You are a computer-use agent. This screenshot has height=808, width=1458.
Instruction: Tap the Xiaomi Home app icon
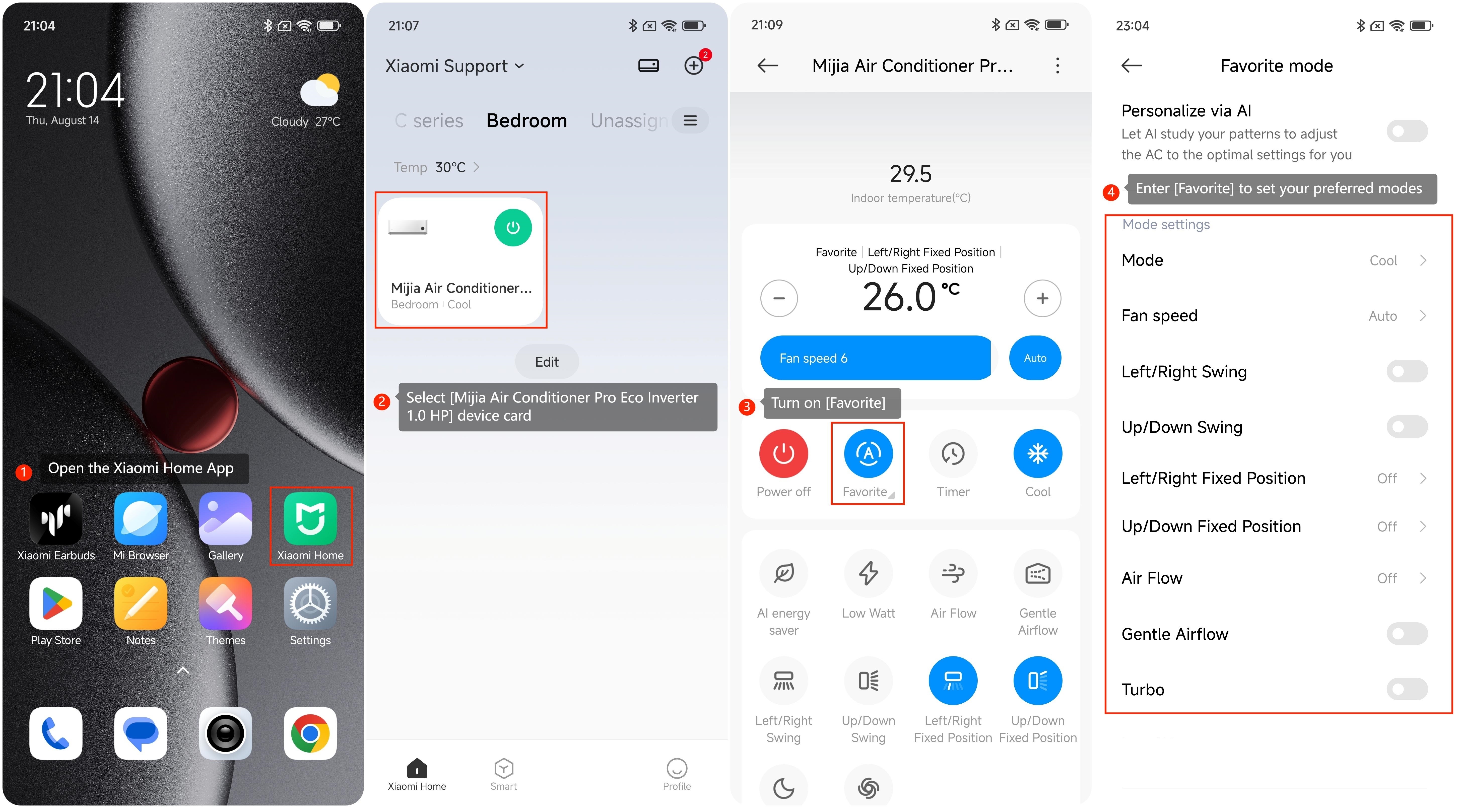click(310, 518)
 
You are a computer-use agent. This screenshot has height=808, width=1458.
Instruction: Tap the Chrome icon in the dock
click(310, 733)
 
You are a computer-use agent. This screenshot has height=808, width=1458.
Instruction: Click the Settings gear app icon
click(310, 603)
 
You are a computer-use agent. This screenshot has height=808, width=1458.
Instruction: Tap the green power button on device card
click(513, 227)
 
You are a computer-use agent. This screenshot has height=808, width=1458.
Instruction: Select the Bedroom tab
click(526, 120)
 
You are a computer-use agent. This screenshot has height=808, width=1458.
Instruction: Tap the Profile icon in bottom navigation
click(677, 768)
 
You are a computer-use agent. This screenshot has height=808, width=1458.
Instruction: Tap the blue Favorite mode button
click(868, 453)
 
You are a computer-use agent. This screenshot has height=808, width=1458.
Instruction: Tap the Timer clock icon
click(953, 453)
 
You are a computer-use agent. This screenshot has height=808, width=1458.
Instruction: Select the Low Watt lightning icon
click(868, 573)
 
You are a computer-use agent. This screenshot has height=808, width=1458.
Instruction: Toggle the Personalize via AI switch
click(1407, 131)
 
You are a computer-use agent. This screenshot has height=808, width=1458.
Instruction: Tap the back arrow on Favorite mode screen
click(1132, 66)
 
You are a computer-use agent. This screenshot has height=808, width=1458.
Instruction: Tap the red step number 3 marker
click(747, 406)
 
